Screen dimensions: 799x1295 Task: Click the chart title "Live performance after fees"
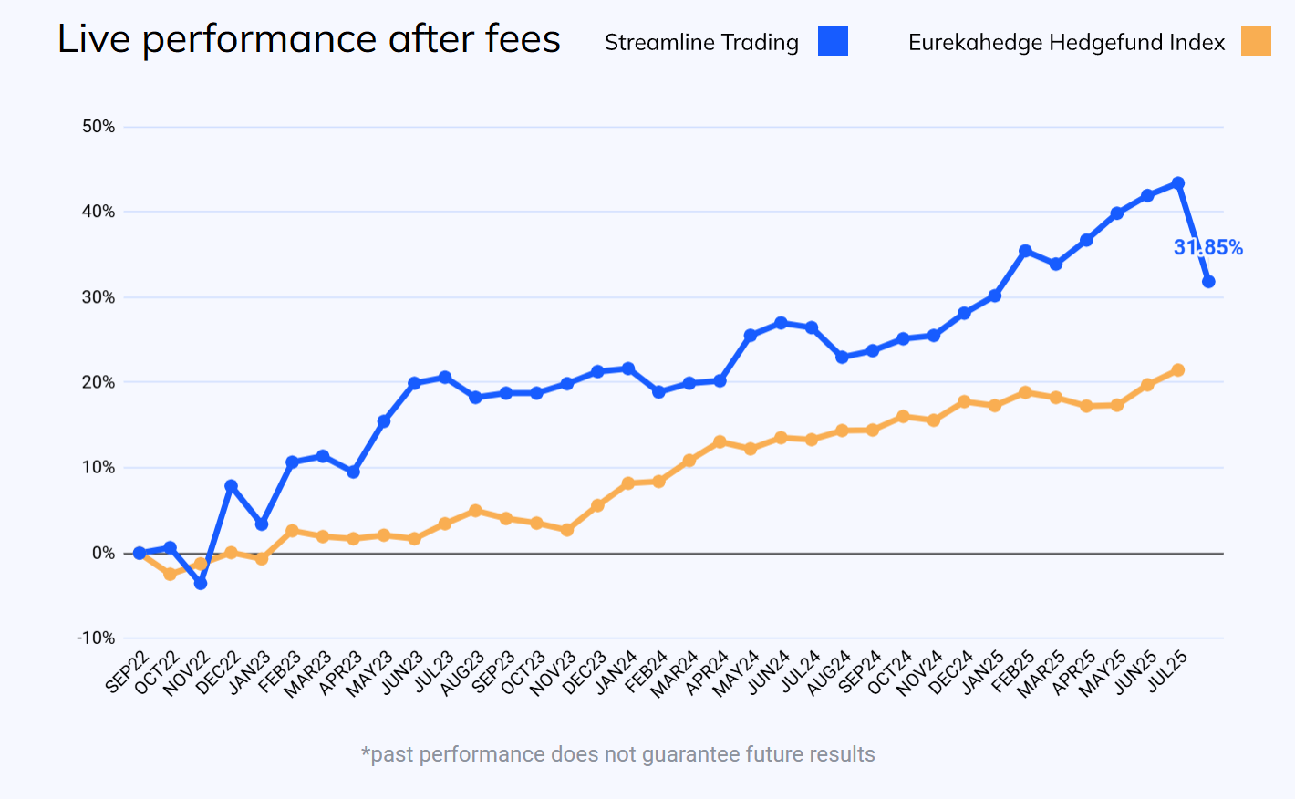point(308,39)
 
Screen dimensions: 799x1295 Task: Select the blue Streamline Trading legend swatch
point(833,41)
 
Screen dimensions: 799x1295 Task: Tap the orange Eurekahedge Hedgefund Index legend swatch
point(1256,41)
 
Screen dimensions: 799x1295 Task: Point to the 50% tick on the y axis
point(98,127)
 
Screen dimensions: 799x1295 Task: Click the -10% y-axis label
point(96,638)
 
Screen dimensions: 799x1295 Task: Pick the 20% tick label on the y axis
point(98,382)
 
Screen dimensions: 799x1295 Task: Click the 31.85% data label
point(1207,247)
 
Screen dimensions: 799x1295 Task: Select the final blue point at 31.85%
point(1208,282)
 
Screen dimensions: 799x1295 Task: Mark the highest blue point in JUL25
point(1178,183)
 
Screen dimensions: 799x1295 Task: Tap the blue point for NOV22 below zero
point(201,583)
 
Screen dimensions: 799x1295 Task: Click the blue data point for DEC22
point(231,486)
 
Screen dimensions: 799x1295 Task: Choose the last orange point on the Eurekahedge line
point(1178,370)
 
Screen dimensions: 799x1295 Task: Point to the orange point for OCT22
point(171,574)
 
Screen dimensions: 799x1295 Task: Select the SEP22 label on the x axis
point(127,673)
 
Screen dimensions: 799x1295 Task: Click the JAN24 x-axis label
point(616,673)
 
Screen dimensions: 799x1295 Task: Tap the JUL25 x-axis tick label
point(1166,673)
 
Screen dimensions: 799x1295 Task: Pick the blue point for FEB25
point(1025,251)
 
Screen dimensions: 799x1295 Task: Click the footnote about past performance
point(618,754)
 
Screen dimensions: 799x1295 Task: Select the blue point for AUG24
point(842,358)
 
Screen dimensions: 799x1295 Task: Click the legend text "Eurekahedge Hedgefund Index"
point(1066,43)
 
